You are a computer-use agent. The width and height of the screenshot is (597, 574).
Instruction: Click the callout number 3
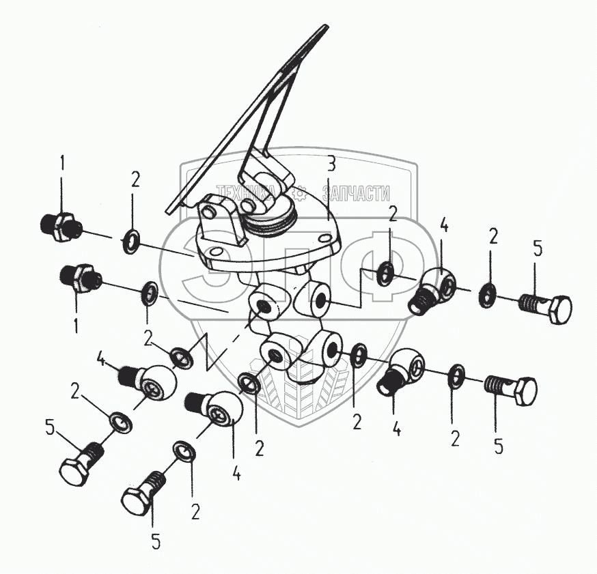[x=331, y=164]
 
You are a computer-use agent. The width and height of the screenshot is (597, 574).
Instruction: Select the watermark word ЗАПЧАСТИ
[x=356, y=193]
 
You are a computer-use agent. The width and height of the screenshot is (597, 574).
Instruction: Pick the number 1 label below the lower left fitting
[x=76, y=326]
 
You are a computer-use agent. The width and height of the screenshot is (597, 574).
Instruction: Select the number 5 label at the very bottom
[x=156, y=539]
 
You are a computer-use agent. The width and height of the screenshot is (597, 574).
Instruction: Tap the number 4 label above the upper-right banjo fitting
[x=443, y=225]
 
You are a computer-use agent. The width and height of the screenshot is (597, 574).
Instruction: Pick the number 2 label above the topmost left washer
[x=136, y=181]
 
